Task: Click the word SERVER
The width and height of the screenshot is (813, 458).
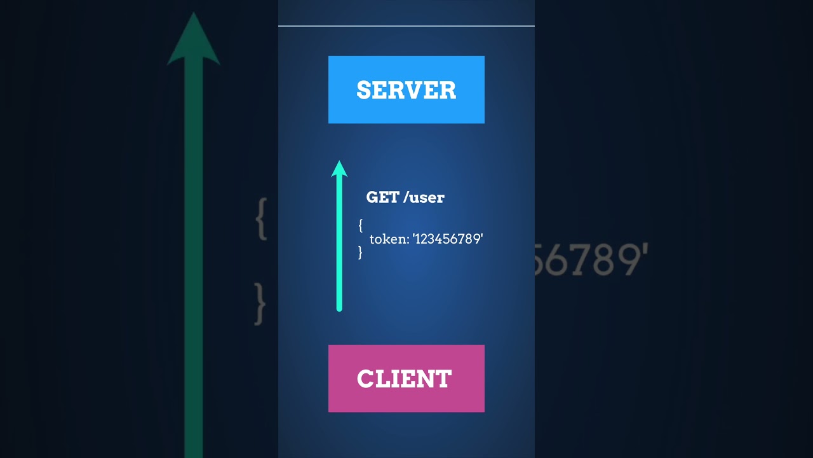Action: pyautogui.click(x=406, y=90)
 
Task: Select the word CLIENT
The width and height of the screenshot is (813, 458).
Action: pyautogui.click(x=405, y=379)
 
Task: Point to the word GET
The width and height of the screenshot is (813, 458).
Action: pyautogui.click(x=382, y=197)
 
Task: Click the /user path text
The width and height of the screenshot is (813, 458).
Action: pyautogui.click(x=424, y=197)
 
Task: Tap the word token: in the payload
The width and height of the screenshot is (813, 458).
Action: pyautogui.click(x=389, y=239)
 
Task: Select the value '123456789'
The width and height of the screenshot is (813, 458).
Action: pyautogui.click(x=448, y=239)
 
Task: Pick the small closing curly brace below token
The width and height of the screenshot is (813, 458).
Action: pyautogui.click(x=360, y=253)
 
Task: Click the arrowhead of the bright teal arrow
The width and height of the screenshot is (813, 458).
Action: pyautogui.click(x=339, y=169)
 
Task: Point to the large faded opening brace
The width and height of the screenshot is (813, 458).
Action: pyautogui.click(x=260, y=218)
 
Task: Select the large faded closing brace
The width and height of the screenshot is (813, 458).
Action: pyautogui.click(x=260, y=304)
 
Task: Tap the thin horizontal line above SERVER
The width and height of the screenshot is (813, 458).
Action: pyautogui.click(x=406, y=26)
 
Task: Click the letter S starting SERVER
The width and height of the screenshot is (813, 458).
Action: pyautogui.click(x=363, y=90)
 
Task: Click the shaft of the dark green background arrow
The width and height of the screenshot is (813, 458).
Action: pyautogui.click(x=193, y=254)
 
